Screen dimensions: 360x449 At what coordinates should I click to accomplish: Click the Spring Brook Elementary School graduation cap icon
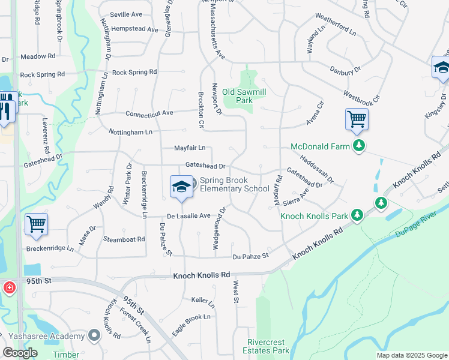[x=181, y=187]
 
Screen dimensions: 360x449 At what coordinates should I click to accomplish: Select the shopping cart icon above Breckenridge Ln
[x=36, y=224]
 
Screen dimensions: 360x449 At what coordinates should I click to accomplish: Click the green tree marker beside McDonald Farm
[x=359, y=146]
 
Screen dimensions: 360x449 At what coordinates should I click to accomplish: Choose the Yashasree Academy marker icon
[x=94, y=335]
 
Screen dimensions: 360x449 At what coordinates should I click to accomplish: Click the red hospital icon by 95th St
[x=9, y=288]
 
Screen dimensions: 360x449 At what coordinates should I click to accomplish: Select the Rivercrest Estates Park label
[x=268, y=346]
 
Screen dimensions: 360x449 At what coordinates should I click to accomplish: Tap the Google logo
[x=20, y=353]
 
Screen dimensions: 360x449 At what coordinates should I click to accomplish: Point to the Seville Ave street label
[x=126, y=14]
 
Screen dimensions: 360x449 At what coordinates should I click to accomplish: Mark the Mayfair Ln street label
[x=190, y=148]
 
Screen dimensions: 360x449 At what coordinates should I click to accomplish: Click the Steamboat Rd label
[x=124, y=239]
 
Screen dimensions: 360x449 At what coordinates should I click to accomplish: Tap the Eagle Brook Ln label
[x=192, y=323]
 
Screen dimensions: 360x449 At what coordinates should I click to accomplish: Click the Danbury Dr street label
[x=345, y=70]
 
